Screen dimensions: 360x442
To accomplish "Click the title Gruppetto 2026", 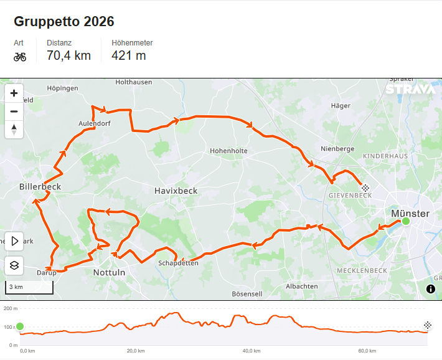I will pos(63,21).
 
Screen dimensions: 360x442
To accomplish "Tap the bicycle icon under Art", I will pos(20,57).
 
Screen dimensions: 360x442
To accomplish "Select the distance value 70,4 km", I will pos(68,55).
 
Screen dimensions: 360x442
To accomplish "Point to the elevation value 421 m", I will pos(129,55).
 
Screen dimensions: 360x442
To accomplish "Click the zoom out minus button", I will pos(14,111).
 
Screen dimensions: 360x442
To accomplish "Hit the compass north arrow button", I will pos(14,130).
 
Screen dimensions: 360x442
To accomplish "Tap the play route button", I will pos(14,241).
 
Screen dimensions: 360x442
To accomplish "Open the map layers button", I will pos(14,265).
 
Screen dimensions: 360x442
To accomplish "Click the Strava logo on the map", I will pos(410,89).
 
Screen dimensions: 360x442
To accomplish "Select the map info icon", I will pos(430,288).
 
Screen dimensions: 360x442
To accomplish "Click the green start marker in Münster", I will pos(406,221).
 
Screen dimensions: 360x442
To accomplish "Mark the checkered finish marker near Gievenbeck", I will pos(365,187).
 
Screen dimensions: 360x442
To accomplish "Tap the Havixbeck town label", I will pos(176,191).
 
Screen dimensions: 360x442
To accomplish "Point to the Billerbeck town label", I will pos(40,186).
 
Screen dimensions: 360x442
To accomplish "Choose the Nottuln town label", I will pos(109,273).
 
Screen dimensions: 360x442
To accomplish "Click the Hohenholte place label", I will pos(228,151).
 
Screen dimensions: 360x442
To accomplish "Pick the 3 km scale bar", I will pos(29,287).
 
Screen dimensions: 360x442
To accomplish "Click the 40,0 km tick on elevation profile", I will pos(251,351).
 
